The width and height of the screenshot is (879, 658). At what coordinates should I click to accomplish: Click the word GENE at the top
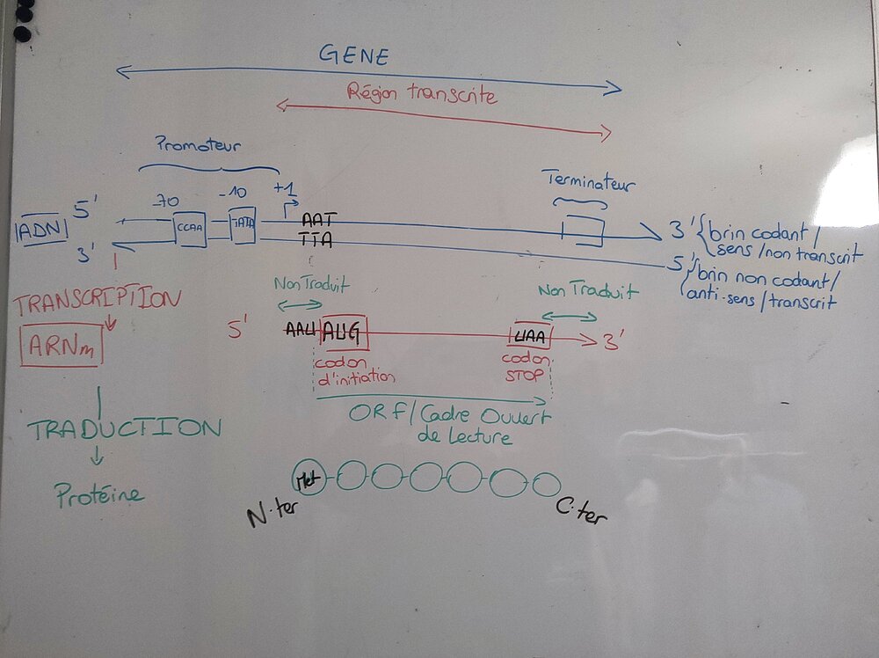point(353,55)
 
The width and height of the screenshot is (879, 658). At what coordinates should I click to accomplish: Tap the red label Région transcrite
point(422,94)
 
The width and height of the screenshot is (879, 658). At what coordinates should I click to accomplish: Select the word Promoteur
point(198,144)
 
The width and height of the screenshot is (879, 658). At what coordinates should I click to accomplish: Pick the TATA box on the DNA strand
point(242,224)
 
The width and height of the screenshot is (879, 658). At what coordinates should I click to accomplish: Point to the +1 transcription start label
point(286,191)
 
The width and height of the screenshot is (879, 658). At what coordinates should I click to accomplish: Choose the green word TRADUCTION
point(123,429)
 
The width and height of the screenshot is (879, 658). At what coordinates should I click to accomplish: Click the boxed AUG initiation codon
point(344,333)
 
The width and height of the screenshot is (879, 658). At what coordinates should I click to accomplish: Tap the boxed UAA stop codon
point(529,335)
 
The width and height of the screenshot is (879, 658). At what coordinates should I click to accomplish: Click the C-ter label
point(581,511)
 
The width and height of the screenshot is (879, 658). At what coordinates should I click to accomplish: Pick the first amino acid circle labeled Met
point(309,477)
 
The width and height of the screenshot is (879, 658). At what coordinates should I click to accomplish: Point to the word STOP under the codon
point(525,377)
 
